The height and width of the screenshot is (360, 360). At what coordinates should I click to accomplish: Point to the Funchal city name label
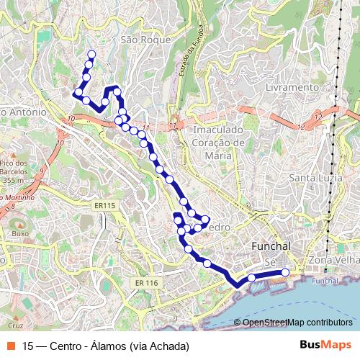(x=271, y=246)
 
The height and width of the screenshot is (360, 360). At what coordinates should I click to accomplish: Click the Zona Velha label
(x=333, y=259)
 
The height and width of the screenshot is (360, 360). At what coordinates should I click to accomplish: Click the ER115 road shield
(x=104, y=206)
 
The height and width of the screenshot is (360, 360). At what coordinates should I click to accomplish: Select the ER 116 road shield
(x=145, y=283)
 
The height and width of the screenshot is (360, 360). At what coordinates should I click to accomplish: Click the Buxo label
(x=20, y=234)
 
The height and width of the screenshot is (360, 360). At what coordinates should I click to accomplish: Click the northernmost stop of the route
(x=91, y=54)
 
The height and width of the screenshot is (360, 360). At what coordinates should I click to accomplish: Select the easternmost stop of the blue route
(x=285, y=272)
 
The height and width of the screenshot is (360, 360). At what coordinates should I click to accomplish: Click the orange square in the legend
(x=11, y=346)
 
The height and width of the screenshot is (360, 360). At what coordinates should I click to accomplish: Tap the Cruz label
(x=6, y=285)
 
